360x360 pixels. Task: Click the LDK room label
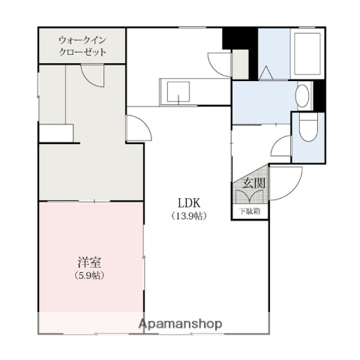(187, 202)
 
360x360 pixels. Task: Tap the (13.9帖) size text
(187, 216)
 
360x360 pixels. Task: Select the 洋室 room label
(88, 262)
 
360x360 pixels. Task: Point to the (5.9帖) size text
(88, 275)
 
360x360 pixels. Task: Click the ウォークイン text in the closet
(82, 40)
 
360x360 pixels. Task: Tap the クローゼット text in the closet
(82, 53)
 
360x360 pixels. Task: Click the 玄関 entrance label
(250, 182)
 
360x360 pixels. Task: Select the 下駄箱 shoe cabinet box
(250, 211)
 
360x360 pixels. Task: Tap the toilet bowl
(309, 131)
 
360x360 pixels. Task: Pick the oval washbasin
(301, 96)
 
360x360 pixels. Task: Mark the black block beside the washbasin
(319, 94)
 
